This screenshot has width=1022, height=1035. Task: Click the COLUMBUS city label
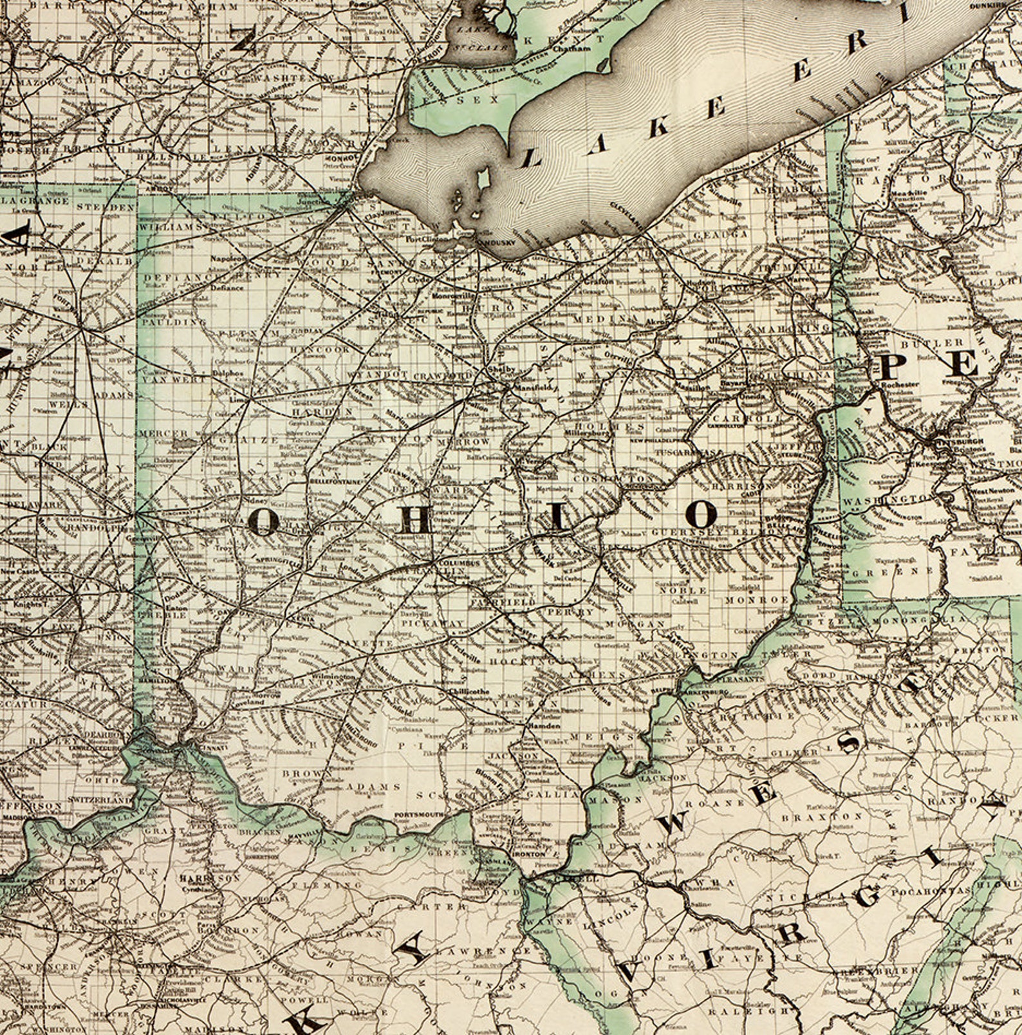tap(459, 563)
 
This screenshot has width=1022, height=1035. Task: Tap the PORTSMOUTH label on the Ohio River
tap(419, 815)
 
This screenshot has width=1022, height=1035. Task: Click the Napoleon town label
tap(228, 259)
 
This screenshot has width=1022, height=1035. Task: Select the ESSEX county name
tap(476, 100)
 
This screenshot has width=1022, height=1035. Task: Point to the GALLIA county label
tap(552, 795)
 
